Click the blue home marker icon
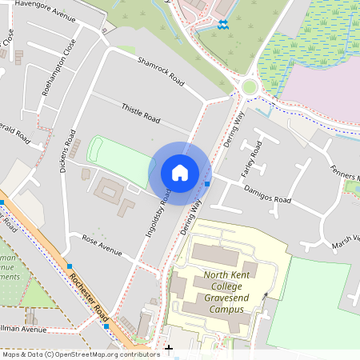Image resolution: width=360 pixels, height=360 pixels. pyautogui.click(x=180, y=172)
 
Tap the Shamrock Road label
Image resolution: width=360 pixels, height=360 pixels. pyautogui.click(x=161, y=71)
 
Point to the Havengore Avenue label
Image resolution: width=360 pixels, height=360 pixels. pyautogui.click(x=47, y=11)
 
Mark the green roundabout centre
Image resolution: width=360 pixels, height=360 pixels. pyautogui.click(x=250, y=86)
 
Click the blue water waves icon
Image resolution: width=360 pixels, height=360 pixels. pyautogui.click(x=222, y=25)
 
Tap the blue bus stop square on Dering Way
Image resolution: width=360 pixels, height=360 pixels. pyautogui.click(x=207, y=184)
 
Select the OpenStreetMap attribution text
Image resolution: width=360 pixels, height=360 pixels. pyautogui.click(x=80, y=354)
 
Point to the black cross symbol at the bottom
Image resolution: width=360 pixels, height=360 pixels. pyautogui.click(x=168, y=349)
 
